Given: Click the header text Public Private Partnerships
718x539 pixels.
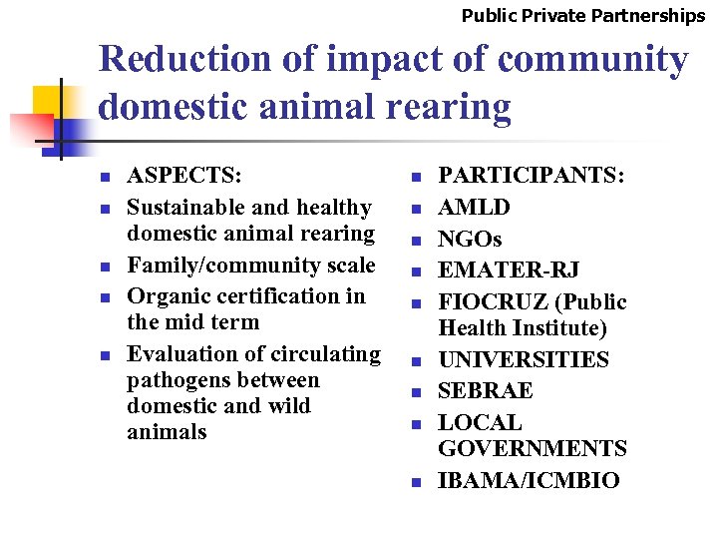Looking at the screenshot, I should coord(582,15).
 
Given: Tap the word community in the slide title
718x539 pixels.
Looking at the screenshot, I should coord(592,60).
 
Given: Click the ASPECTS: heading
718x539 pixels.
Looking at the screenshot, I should coord(184,176).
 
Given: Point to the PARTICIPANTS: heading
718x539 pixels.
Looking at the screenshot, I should coord(532,176).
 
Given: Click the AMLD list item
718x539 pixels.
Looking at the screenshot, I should coord(474,208).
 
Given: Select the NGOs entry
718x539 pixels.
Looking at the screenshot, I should coord(470,240).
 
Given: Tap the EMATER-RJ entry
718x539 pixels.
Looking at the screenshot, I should coord(509,270).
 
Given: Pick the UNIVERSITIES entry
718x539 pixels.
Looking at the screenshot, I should coord(524,359).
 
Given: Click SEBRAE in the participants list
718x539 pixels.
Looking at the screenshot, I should coord(486,390).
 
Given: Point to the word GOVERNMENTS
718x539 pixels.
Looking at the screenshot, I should coord(533,448).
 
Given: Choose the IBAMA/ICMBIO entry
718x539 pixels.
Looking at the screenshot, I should coord(529,480).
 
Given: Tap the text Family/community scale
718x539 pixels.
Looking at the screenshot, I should coord(251,266).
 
